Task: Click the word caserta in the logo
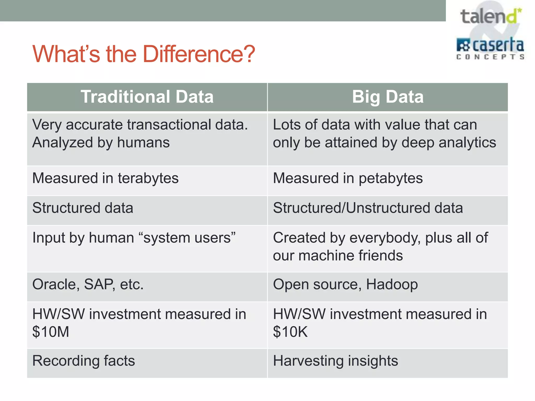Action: click(x=498, y=45)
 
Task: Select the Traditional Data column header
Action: click(x=147, y=97)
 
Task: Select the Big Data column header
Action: click(x=388, y=97)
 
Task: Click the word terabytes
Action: click(x=148, y=178)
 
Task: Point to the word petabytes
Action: click(x=391, y=178)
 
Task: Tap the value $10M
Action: click(x=51, y=332)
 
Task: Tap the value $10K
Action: click(x=290, y=332)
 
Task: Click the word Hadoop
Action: click(x=392, y=284)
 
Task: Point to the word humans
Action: click(x=143, y=143)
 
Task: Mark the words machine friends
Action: click(x=351, y=255)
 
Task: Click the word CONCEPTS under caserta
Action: click(x=490, y=57)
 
